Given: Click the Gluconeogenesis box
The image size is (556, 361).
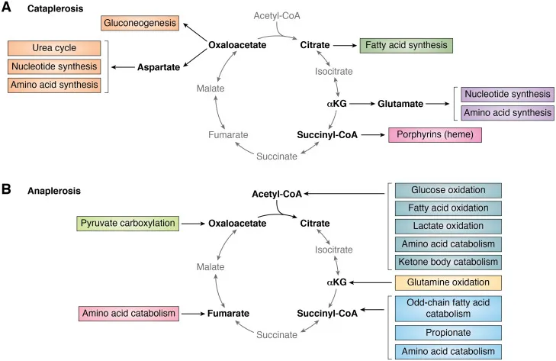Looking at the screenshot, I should point(140,24).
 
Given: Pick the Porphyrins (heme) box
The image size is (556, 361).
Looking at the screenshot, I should point(435,135).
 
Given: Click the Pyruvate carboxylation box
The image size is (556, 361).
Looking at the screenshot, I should point(127,224).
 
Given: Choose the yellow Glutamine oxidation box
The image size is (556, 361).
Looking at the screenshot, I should point(448,282).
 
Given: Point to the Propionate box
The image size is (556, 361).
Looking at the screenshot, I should point(448,332).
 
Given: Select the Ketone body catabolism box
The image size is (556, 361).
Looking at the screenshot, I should point(448,262).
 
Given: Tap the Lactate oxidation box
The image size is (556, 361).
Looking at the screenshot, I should point(448,226).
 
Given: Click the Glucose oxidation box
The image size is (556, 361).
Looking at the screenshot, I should point(448,191).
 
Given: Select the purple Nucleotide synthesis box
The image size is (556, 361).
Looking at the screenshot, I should point(507,94).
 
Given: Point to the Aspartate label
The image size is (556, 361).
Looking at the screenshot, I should point(158,68).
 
